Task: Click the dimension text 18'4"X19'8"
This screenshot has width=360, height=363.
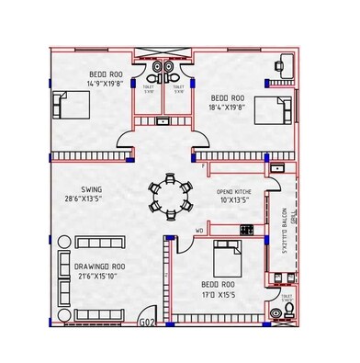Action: coord(228,108)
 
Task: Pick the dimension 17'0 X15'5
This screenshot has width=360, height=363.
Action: coord(218,295)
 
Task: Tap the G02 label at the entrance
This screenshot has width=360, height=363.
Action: coord(146,322)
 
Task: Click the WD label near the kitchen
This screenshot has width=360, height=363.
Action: coord(199,231)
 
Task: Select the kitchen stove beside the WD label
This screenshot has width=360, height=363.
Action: coord(245,228)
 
